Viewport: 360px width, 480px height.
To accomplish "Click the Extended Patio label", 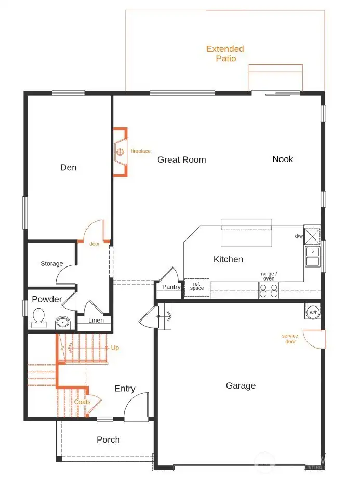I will [x=225, y=54].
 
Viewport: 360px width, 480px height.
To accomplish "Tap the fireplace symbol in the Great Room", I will [x=120, y=152].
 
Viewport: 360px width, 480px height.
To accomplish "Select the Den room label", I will [x=69, y=167].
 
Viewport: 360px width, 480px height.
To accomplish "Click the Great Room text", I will [x=182, y=159].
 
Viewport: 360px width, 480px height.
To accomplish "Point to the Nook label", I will [x=283, y=159].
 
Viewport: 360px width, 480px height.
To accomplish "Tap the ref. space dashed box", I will [x=197, y=287].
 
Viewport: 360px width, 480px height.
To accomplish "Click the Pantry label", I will [x=171, y=287].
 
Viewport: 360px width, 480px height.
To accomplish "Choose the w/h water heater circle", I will [x=313, y=312].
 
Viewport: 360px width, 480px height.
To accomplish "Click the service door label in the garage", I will [x=290, y=339].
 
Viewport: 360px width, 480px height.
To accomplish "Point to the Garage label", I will [x=241, y=385].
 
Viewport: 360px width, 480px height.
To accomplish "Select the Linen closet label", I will [x=96, y=321].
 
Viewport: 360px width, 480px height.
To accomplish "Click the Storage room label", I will [x=51, y=264].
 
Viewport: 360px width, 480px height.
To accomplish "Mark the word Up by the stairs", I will [x=115, y=348].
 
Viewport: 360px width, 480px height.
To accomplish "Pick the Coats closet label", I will [x=82, y=402].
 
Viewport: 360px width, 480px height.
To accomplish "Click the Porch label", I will [x=108, y=439].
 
